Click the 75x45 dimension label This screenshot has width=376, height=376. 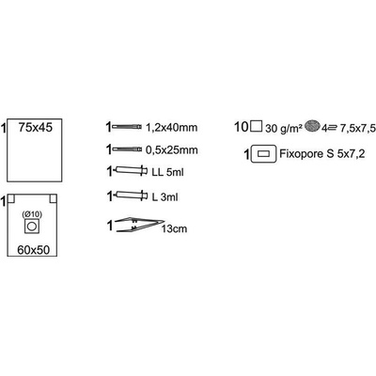(36, 128)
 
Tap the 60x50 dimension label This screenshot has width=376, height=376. (34, 250)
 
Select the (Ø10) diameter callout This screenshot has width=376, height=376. (32, 214)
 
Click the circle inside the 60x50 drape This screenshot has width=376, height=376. (32, 227)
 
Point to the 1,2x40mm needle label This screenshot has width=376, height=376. (172, 128)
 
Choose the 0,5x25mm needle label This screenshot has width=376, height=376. (172, 150)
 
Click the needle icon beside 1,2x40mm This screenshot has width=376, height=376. (127, 127)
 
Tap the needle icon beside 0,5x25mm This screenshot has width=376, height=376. (127, 149)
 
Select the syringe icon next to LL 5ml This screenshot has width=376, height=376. (131, 170)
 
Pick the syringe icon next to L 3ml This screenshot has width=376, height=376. (131, 196)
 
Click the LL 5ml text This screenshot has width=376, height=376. (167, 172)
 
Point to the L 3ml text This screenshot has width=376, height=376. (164, 197)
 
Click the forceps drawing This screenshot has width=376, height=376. (140, 225)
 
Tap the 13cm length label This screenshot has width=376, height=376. (174, 229)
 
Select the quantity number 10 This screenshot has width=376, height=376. (242, 127)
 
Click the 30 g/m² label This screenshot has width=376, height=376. (284, 129)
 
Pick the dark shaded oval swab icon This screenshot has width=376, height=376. (312, 126)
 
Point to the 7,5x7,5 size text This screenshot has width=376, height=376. (356, 128)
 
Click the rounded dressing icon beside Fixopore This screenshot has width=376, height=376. (263, 154)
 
